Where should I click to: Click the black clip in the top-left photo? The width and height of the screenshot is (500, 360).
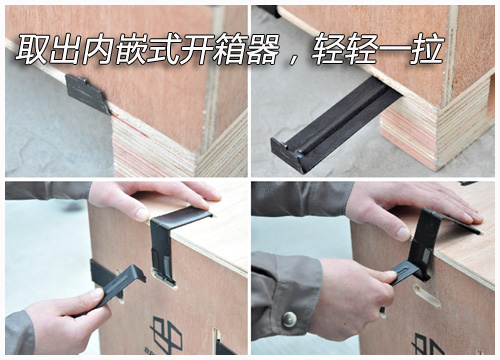pyautogui.click(x=88, y=93)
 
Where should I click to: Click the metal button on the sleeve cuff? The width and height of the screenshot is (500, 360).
pyautogui.click(x=289, y=319)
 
